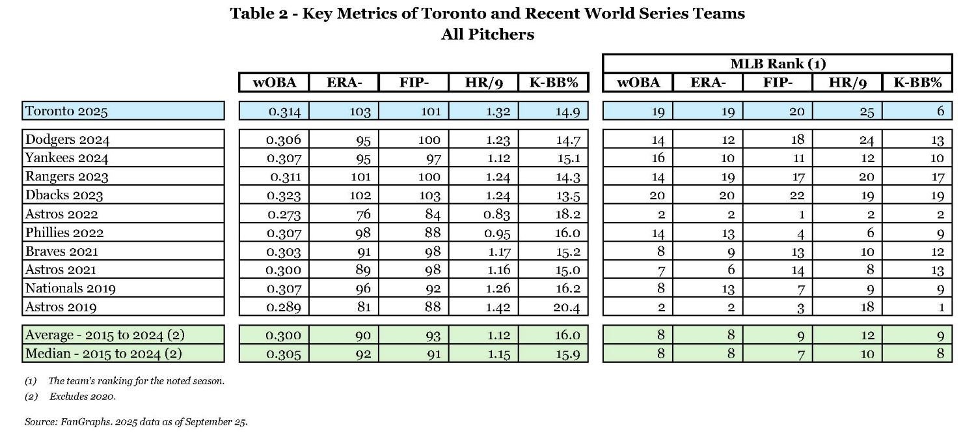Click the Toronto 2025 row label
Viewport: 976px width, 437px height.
point(66,111)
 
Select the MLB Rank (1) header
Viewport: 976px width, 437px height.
point(778,64)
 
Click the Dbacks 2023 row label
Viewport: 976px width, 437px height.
point(64,195)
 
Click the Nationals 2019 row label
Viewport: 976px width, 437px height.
point(70,289)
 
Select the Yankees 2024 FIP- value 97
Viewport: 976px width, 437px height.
point(431,158)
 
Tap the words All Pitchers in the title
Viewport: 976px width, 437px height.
point(487,35)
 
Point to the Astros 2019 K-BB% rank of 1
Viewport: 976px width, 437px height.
point(941,307)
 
